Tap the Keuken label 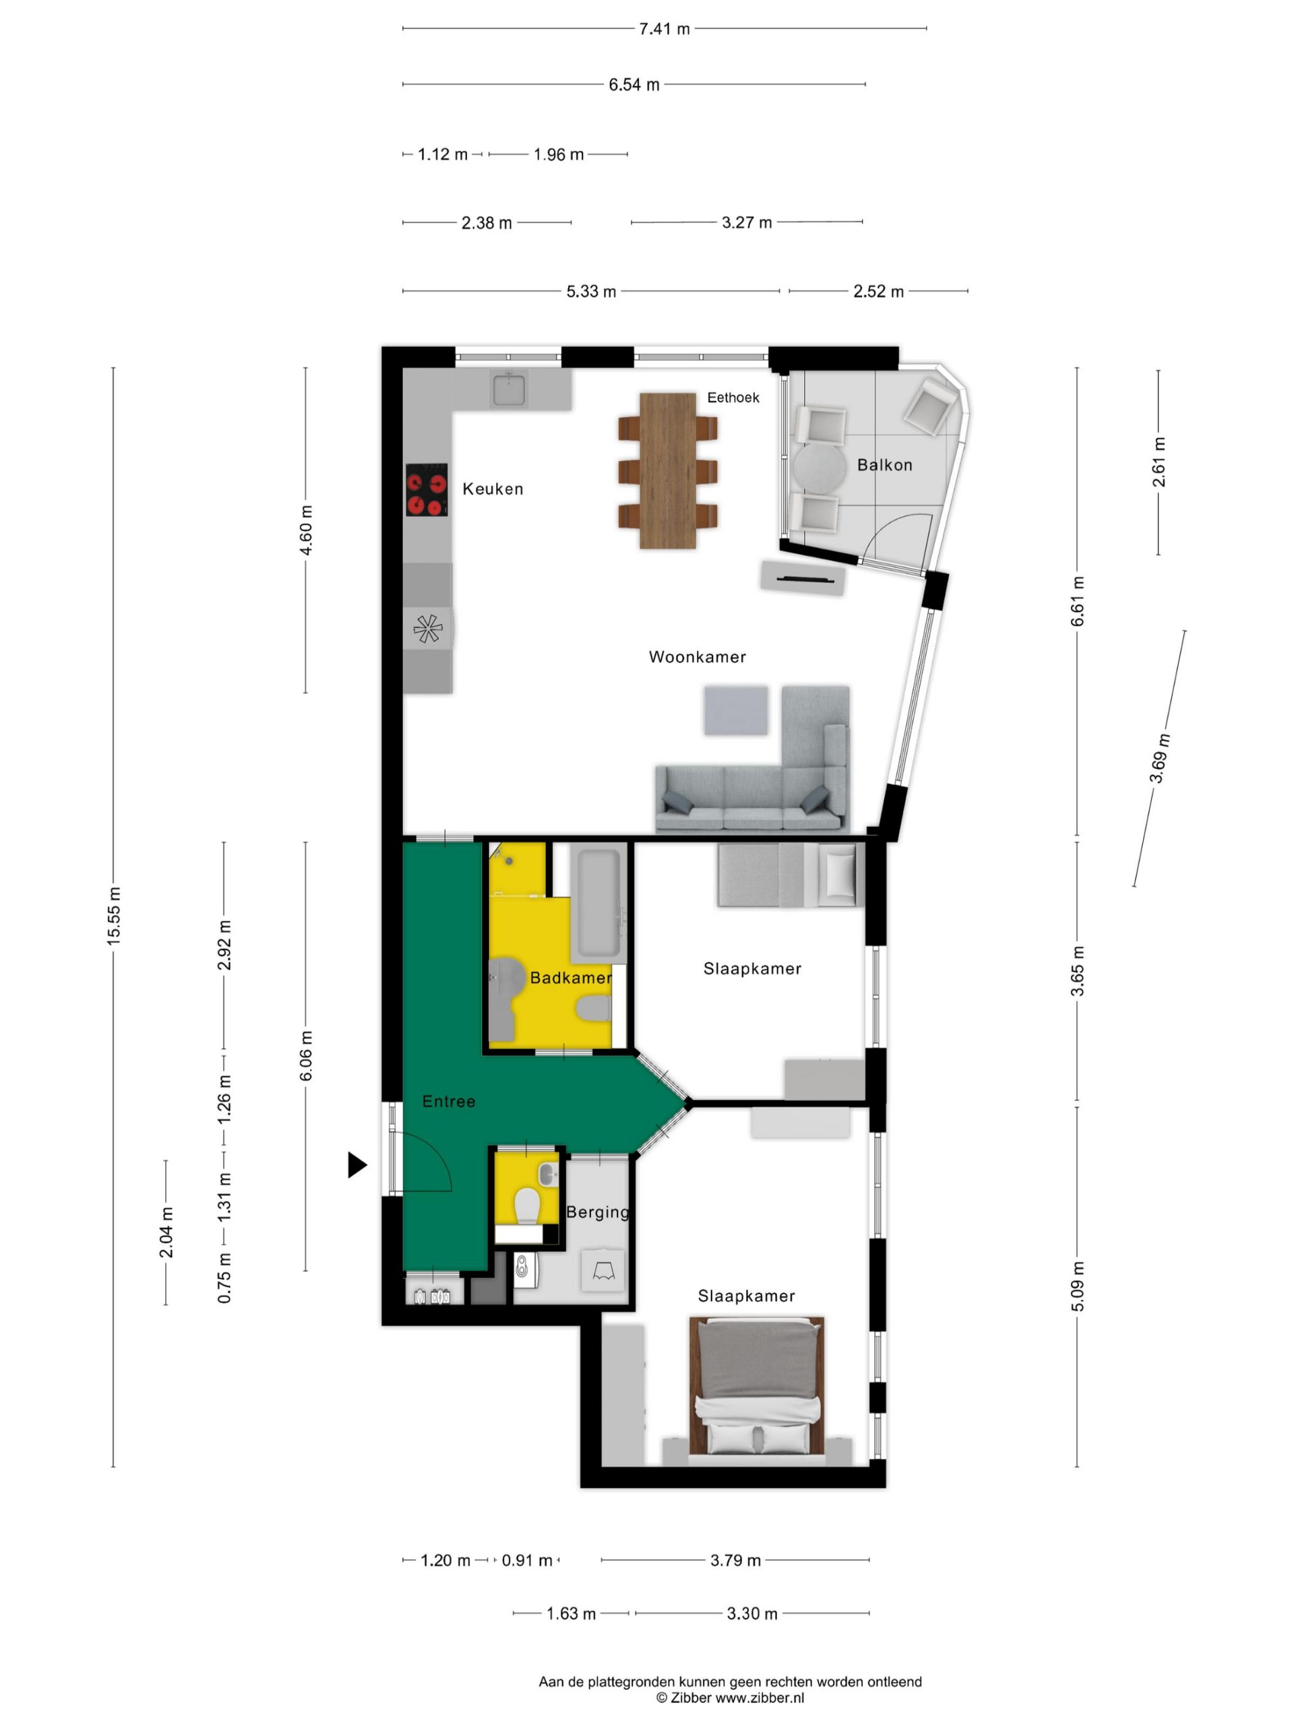tap(493, 489)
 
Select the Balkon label tap(884, 465)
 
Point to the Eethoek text tap(733, 398)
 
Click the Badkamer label tap(571, 978)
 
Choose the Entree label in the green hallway tap(448, 1101)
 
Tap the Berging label tap(598, 1212)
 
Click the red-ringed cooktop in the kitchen tap(427, 490)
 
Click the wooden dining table tap(668, 470)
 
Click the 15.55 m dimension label tap(114, 916)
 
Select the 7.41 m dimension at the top tap(665, 29)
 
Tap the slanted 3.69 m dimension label tap(1159, 758)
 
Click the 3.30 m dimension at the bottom tap(752, 1614)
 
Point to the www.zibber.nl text tap(760, 1697)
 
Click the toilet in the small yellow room tap(527, 1208)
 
